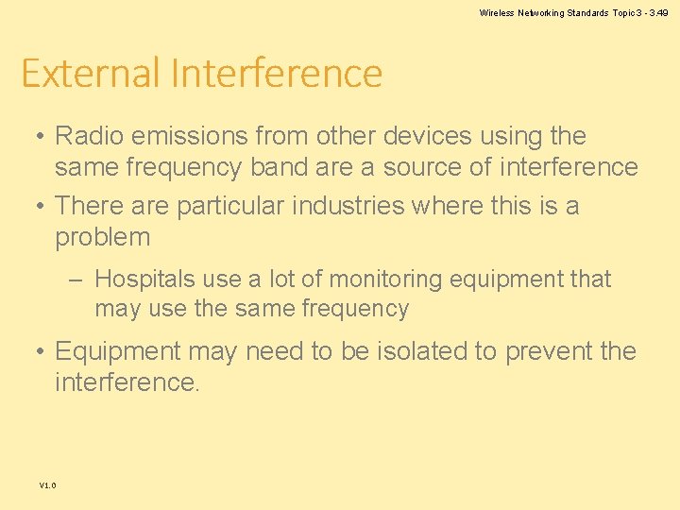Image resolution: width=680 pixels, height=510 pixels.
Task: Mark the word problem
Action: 103,237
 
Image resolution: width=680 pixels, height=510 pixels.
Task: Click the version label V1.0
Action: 47,485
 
